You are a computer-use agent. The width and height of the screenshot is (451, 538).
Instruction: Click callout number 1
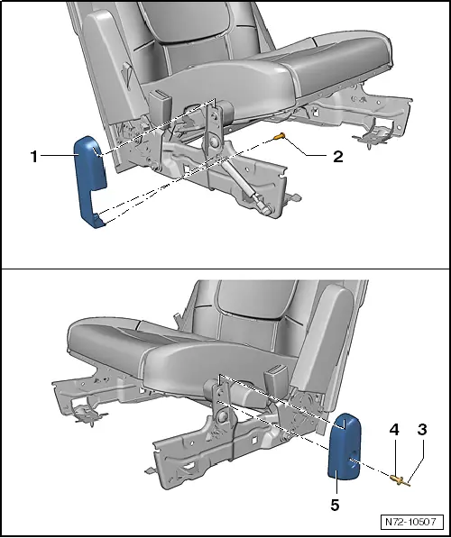[33, 156]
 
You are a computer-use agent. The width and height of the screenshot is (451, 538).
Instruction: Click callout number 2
[337, 156]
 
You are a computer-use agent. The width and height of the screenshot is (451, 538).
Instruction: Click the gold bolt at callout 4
[397, 479]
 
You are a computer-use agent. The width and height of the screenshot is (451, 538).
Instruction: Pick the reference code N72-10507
[411, 522]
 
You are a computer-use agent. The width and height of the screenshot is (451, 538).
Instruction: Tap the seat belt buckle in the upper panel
[161, 100]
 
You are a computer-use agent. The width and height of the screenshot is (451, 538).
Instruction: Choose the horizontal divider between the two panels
[225, 269]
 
